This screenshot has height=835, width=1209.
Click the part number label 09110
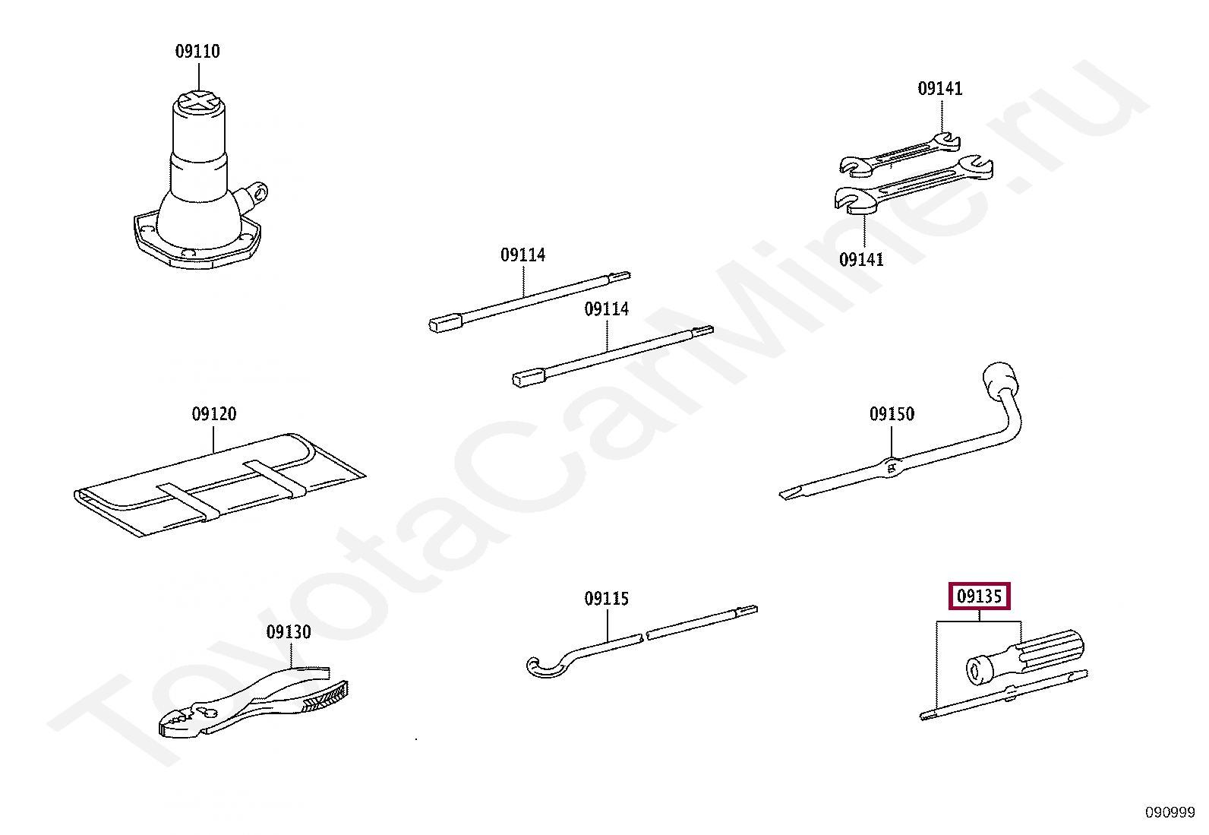click(x=197, y=52)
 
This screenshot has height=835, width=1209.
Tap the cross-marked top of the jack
click(x=199, y=101)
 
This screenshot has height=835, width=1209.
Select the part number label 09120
click(x=214, y=414)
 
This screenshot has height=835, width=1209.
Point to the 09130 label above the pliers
click(x=289, y=632)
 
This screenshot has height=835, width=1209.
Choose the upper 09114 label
click(x=522, y=255)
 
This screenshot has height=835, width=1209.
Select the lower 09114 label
click(x=606, y=309)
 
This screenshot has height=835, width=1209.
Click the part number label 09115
click(x=606, y=599)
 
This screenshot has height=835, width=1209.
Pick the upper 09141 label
click(x=940, y=89)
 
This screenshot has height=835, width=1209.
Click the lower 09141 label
click(x=861, y=260)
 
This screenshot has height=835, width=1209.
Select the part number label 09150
click(x=892, y=414)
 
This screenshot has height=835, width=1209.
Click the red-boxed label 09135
click(x=980, y=596)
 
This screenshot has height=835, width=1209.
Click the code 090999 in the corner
click(x=1170, y=813)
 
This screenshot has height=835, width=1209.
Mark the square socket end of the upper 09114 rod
click(x=445, y=324)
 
